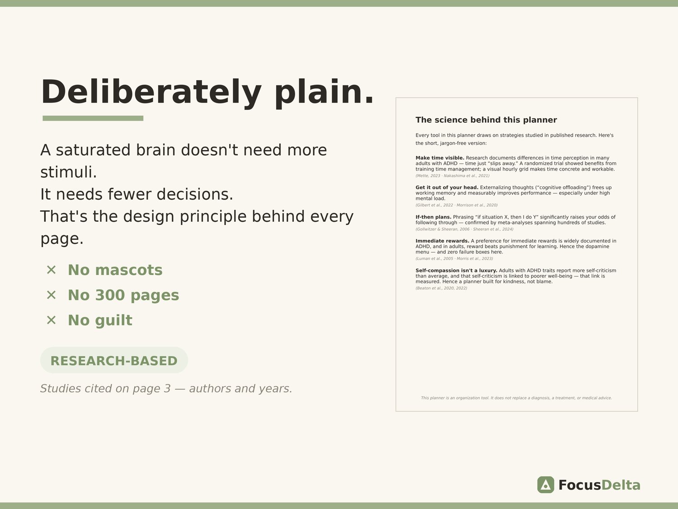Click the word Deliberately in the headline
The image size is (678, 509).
pyautogui.click(x=151, y=92)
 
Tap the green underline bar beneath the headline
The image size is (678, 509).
pyautogui.click(x=93, y=118)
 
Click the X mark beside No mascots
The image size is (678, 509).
pyautogui.click(x=51, y=270)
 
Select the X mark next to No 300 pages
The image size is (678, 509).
pyautogui.click(x=51, y=295)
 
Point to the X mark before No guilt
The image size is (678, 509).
pyautogui.click(x=51, y=320)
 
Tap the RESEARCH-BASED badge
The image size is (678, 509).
pyautogui.click(x=114, y=360)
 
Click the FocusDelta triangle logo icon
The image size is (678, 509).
pyautogui.click(x=546, y=485)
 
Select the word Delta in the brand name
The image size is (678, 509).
pyautogui.click(x=621, y=485)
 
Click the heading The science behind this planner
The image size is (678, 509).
pyautogui.click(x=486, y=120)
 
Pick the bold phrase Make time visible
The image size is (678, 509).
pyautogui.click(x=440, y=158)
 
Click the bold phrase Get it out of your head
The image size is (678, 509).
pyautogui.click(x=447, y=188)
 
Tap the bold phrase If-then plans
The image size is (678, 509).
pyautogui.click(x=433, y=217)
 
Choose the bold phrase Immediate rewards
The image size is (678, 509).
pyautogui.click(x=443, y=241)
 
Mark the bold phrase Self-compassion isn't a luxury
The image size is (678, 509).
pyautogui.click(x=456, y=271)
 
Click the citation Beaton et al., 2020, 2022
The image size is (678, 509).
pyautogui.click(x=442, y=288)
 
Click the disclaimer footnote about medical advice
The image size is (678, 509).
pyautogui.click(x=517, y=398)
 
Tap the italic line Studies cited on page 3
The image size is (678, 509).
pyautogui.click(x=166, y=389)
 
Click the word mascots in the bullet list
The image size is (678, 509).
pyautogui.click(x=129, y=270)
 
